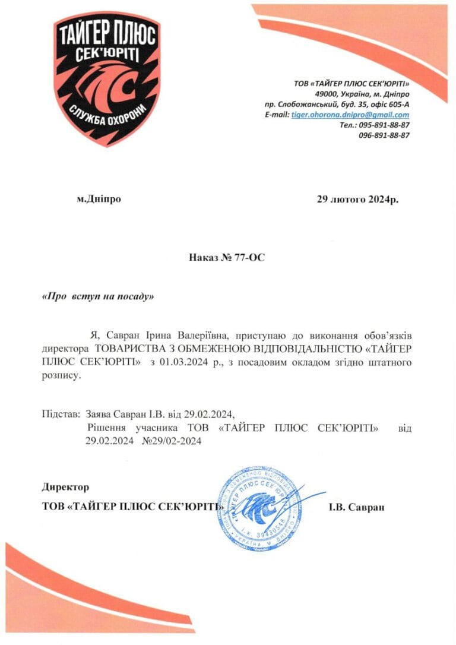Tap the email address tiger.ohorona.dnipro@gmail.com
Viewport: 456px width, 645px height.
pos(350,115)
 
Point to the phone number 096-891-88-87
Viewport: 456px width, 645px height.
pos(384,135)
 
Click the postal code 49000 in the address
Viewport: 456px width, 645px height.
pos(327,94)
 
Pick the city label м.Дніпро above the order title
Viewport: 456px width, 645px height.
pos(99,199)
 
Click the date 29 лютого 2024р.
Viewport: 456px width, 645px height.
pos(357,200)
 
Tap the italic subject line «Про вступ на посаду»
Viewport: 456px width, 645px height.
pos(98,296)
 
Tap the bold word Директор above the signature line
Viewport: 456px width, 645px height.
pos(65,487)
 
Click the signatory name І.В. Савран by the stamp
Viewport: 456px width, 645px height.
pos(356,507)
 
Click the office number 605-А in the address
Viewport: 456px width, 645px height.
pos(396,105)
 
